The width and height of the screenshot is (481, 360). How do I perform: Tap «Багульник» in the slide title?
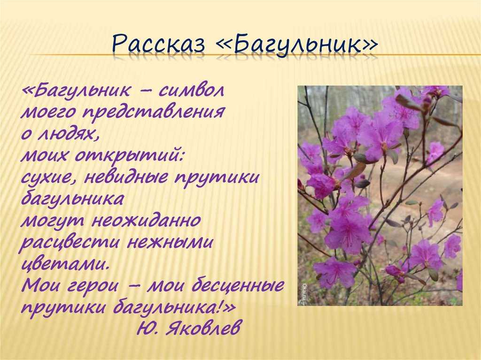point(297,46)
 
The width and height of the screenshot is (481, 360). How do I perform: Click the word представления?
point(154,112)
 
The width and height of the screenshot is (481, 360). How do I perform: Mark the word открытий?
point(129,156)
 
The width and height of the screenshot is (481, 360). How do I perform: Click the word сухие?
point(48,178)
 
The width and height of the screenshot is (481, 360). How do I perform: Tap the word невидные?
point(126,177)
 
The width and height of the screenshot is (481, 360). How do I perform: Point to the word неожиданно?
point(147,220)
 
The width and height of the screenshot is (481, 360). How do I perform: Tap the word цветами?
point(65,264)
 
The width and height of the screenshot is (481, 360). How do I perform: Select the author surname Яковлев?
point(202,329)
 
